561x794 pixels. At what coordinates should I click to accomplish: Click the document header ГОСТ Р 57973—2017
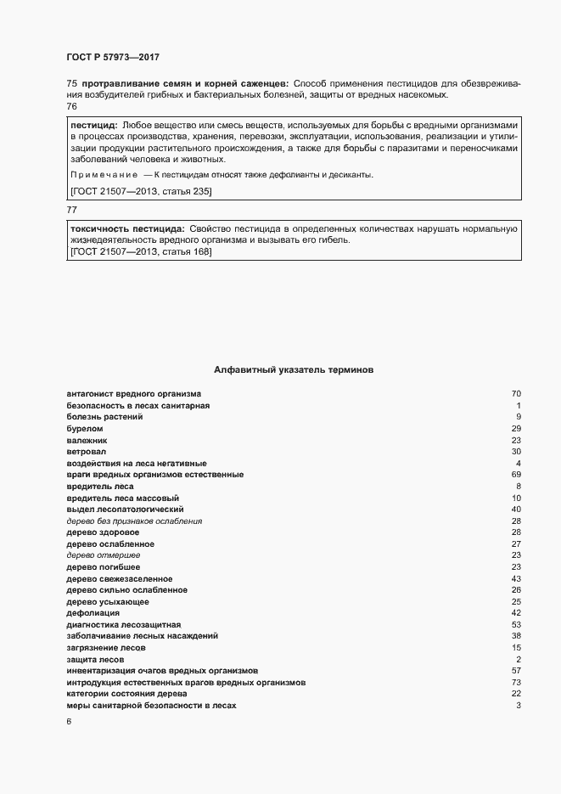(x=112, y=57)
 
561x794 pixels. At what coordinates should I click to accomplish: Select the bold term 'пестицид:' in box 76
(x=93, y=124)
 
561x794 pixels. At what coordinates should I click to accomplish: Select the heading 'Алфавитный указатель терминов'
(x=293, y=370)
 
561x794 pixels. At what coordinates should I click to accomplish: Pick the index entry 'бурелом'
(x=82, y=429)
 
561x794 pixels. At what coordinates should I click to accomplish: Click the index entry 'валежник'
(x=87, y=441)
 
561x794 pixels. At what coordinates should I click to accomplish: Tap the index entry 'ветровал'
(x=86, y=452)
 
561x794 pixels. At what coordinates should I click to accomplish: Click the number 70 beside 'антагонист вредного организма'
(x=515, y=394)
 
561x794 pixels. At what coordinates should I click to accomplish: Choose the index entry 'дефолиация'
(x=93, y=613)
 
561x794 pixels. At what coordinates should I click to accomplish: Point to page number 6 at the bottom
(x=69, y=722)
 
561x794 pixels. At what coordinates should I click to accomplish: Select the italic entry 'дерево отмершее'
(x=104, y=555)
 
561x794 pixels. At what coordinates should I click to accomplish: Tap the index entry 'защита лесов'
(x=95, y=660)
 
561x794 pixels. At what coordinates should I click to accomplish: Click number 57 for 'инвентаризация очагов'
(x=515, y=671)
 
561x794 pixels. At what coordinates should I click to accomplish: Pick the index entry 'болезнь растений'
(x=104, y=417)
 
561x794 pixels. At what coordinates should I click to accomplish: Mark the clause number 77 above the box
(x=71, y=209)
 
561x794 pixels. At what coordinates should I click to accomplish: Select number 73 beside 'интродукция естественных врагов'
(x=515, y=683)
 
